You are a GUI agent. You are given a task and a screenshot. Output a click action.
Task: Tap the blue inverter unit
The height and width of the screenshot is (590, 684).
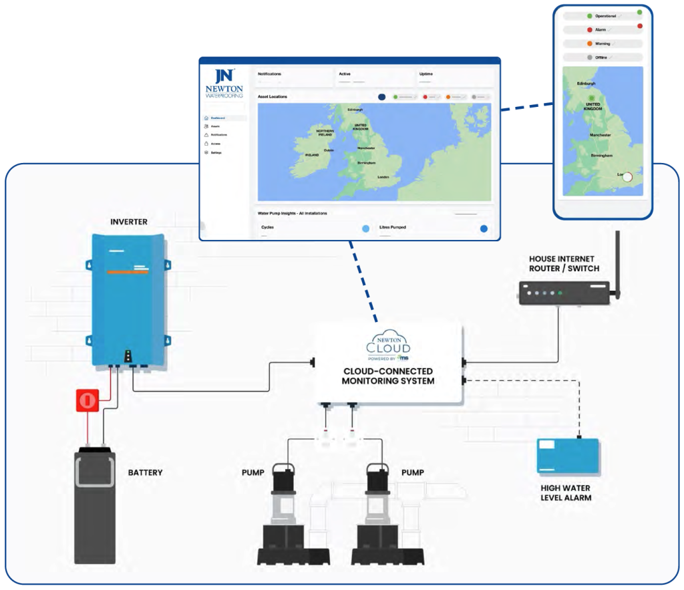pyautogui.click(x=128, y=301)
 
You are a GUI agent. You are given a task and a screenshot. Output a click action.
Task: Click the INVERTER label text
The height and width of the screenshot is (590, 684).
pyautogui.click(x=129, y=221)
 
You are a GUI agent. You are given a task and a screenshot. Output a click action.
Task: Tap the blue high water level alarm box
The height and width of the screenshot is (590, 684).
pyautogui.click(x=568, y=456)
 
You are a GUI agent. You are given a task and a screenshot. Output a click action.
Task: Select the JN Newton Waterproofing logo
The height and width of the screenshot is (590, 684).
pyautogui.click(x=224, y=84)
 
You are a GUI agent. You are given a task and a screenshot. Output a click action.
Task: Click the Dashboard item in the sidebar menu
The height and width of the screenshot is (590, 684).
pyautogui.click(x=217, y=118)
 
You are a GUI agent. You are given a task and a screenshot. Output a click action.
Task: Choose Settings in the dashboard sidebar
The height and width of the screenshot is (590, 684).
pyautogui.click(x=216, y=152)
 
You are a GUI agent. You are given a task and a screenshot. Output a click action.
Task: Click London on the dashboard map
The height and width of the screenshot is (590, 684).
pyautogui.click(x=383, y=177)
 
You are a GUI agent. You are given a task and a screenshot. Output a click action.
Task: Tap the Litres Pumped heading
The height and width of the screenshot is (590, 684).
pyautogui.click(x=393, y=227)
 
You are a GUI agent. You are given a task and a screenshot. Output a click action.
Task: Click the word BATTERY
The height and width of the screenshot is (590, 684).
pyautogui.click(x=145, y=472)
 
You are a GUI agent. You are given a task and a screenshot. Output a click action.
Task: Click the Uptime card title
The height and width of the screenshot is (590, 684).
pyautogui.click(x=426, y=74)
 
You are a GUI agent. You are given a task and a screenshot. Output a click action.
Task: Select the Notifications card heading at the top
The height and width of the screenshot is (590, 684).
pyautogui.click(x=269, y=74)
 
